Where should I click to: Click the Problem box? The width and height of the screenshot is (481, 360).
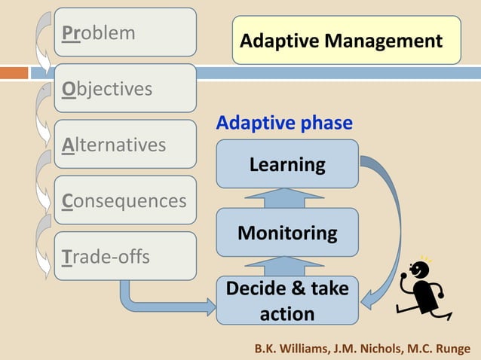[x=124, y=34]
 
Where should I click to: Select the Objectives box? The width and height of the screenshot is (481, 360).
[x=124, y=89]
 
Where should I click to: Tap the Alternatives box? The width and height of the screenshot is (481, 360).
[x=124, y=145]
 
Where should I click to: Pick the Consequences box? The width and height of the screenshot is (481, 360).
[x=124, y=201]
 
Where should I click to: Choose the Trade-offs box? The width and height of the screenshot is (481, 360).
[x=124, y=256]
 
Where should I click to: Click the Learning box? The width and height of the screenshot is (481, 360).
[x=287, y=164]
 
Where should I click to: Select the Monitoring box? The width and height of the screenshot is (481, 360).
[x=287, y=233]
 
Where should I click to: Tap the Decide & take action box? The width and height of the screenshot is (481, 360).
[x=287, y=301]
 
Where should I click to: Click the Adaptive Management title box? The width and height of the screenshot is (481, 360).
[x=346, y=41]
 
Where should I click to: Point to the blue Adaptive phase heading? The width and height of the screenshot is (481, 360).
[x=284, y=123]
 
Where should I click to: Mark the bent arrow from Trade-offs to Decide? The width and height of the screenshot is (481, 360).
[x=151, y=304]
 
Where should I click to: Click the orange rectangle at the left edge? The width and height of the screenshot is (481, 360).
[x=14, y=74]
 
